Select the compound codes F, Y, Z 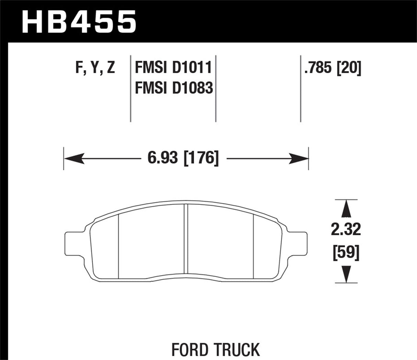(x=95, y=68)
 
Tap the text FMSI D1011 (x=173, y=68)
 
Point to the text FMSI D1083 (x=173, y=88)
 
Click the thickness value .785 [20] (x=333, y=68)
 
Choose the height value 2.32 (x=346, y=230)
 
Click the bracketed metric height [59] (x=346, y=254)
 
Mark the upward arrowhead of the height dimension (x=346, y=208)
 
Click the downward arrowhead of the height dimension (x=346, y=274)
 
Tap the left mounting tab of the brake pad (x=75, y=243)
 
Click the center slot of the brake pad (x=185, y=239)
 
